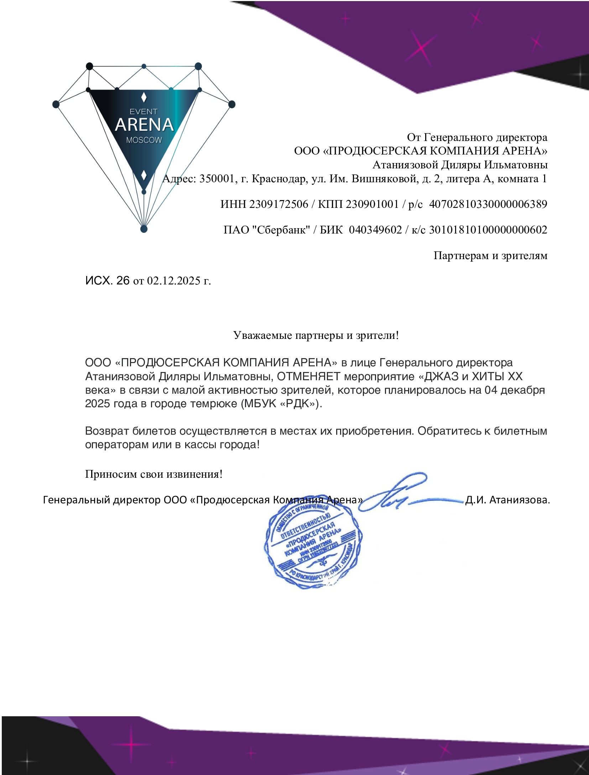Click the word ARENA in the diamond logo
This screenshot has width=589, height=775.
coord(144,125)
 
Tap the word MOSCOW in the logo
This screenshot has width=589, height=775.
coord(144,140)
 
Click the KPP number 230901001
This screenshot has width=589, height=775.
coord(372,204)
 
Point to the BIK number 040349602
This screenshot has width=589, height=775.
coord(375,230)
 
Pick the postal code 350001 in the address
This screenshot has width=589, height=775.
coord(216,178)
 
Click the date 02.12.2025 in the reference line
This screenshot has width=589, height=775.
coord(174,281)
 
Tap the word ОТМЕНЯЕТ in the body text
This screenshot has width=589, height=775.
coord(309,376)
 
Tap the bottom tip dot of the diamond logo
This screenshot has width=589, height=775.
coord(144,229)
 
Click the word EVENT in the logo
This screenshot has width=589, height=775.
coord(143,112)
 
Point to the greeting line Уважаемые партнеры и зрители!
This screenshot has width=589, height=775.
coord(316,335)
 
